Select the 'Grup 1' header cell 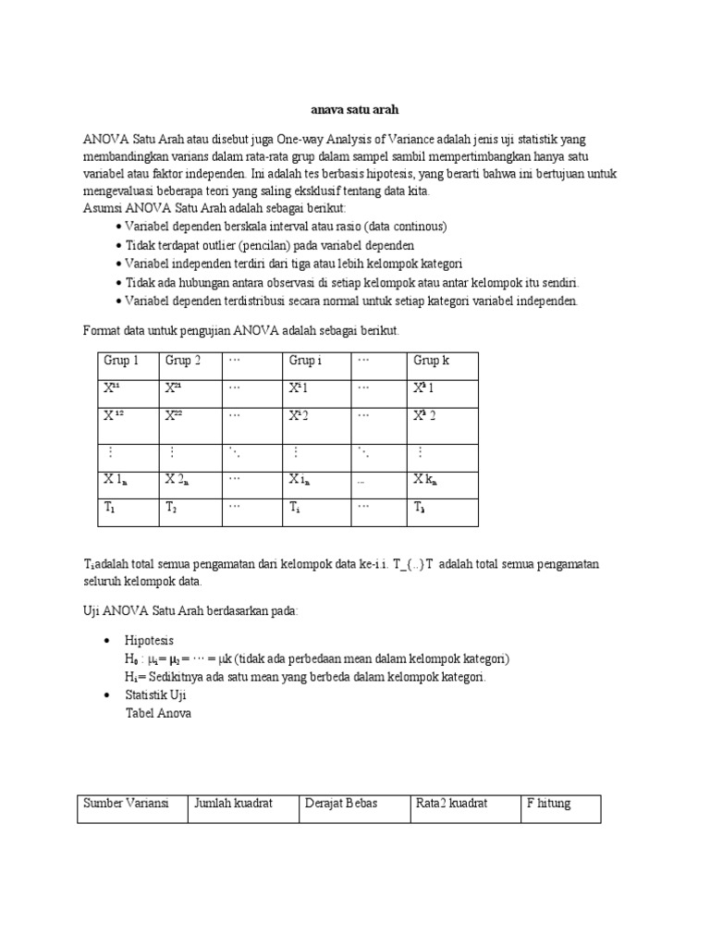coord(121,361)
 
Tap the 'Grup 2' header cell coord(183,361)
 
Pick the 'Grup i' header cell coord(305,361)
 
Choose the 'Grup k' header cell coord(431,361)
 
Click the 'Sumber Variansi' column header coord(126,804)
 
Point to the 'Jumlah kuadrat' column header coord(233,804)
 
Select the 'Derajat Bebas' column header coord(341,804)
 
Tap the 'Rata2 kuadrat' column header coord(451,804)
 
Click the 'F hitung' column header coord(548,804)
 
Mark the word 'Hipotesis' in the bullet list coord(151,640)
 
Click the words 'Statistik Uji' coord(156,695)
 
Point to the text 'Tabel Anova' coord(158,714)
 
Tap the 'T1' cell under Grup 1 coord(110,508)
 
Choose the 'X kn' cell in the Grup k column coord(425,479)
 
